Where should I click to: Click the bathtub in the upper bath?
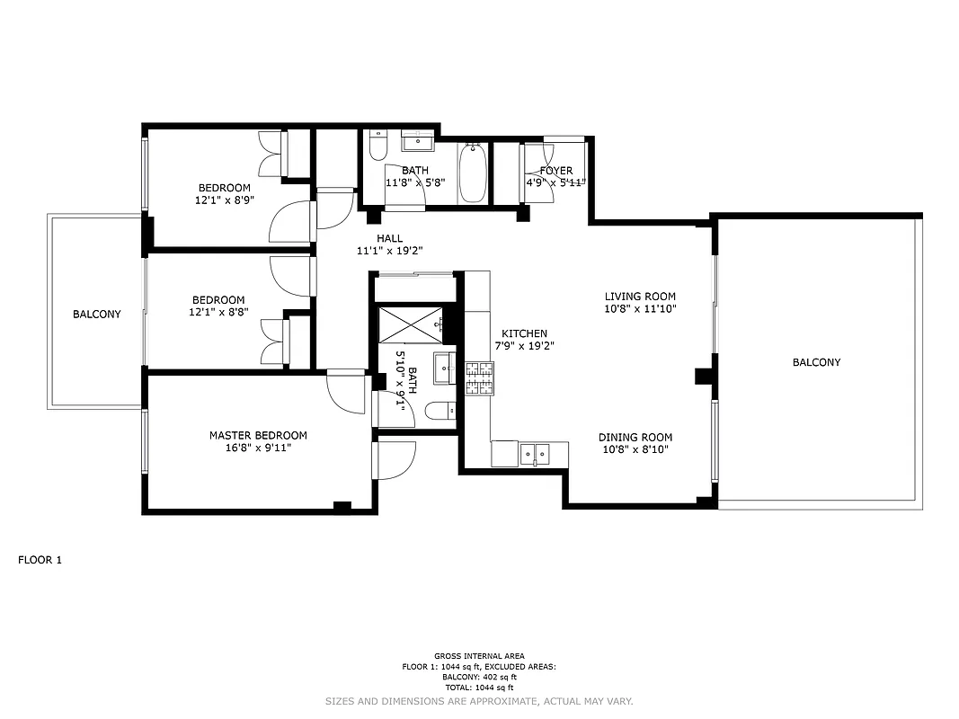pos(473,173)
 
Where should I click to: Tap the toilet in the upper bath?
pos(377,144)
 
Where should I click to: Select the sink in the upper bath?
pos(417,141)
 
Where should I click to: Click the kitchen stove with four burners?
pos(479,377)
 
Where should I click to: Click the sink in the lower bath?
pos(445,367)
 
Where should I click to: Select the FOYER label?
pos(555,171)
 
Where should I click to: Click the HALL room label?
pos(389,238)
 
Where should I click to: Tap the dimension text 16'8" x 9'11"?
pos(258,447)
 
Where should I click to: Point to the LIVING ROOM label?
pos(640,297)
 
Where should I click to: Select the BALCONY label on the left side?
pos(96,314)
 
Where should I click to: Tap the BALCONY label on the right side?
pos(816,362)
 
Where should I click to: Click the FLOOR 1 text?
pos(40,560)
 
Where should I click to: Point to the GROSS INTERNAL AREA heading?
pos(479,656)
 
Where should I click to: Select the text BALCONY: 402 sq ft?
pos(479,677)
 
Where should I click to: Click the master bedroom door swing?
pos(344,386)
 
